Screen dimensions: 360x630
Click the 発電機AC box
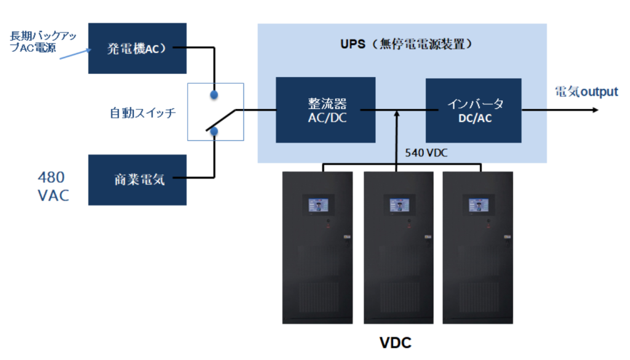(137, 48)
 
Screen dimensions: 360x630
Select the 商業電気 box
(137, 180)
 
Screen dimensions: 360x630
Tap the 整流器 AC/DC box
(325, 110)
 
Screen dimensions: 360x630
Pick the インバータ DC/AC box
(473, 110)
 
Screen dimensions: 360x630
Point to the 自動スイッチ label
(143, 113)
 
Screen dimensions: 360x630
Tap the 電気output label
(586, 92)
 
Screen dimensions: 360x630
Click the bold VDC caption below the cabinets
(394, 342)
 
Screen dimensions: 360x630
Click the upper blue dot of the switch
(214, 95)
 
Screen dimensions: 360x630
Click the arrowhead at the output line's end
(594, 110)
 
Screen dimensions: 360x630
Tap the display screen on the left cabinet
(317, 205)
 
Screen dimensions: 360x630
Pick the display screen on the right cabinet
(479, 205)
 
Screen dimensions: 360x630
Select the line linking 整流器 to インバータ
(400, 110)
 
